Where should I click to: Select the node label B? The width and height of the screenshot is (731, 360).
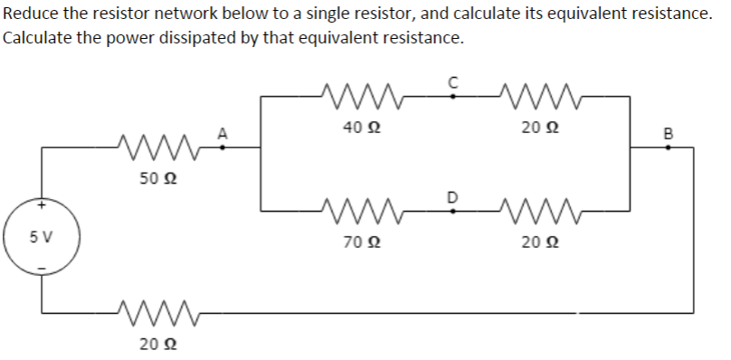[669, 134]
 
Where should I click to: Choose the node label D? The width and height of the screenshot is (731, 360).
[453, 196]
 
